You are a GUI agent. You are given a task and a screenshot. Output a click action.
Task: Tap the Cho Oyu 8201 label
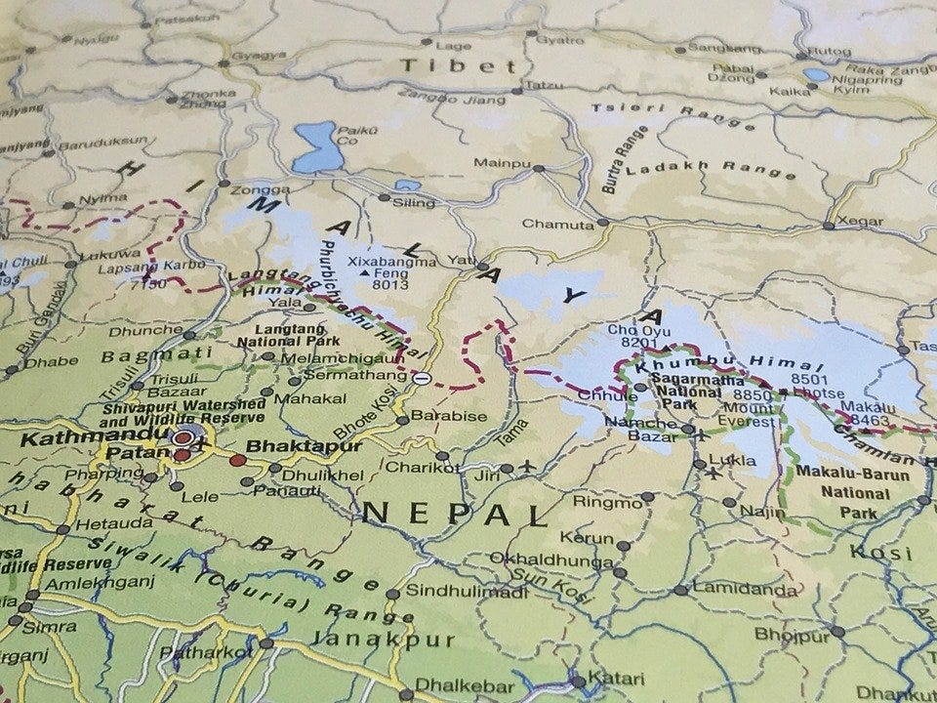pos(634,335)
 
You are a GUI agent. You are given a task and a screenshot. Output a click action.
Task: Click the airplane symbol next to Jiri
pos(528,466)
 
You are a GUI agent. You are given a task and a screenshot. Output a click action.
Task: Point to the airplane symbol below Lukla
pos(713,474)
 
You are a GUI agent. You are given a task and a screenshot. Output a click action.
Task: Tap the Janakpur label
pos(383,641)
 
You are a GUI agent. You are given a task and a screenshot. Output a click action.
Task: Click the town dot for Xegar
pos(828,226)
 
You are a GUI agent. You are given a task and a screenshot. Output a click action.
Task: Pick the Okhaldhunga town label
pos(538,558)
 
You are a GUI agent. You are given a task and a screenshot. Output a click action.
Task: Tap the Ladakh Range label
pos(711,168)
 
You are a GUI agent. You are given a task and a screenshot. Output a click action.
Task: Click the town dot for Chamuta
pos(602,223)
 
